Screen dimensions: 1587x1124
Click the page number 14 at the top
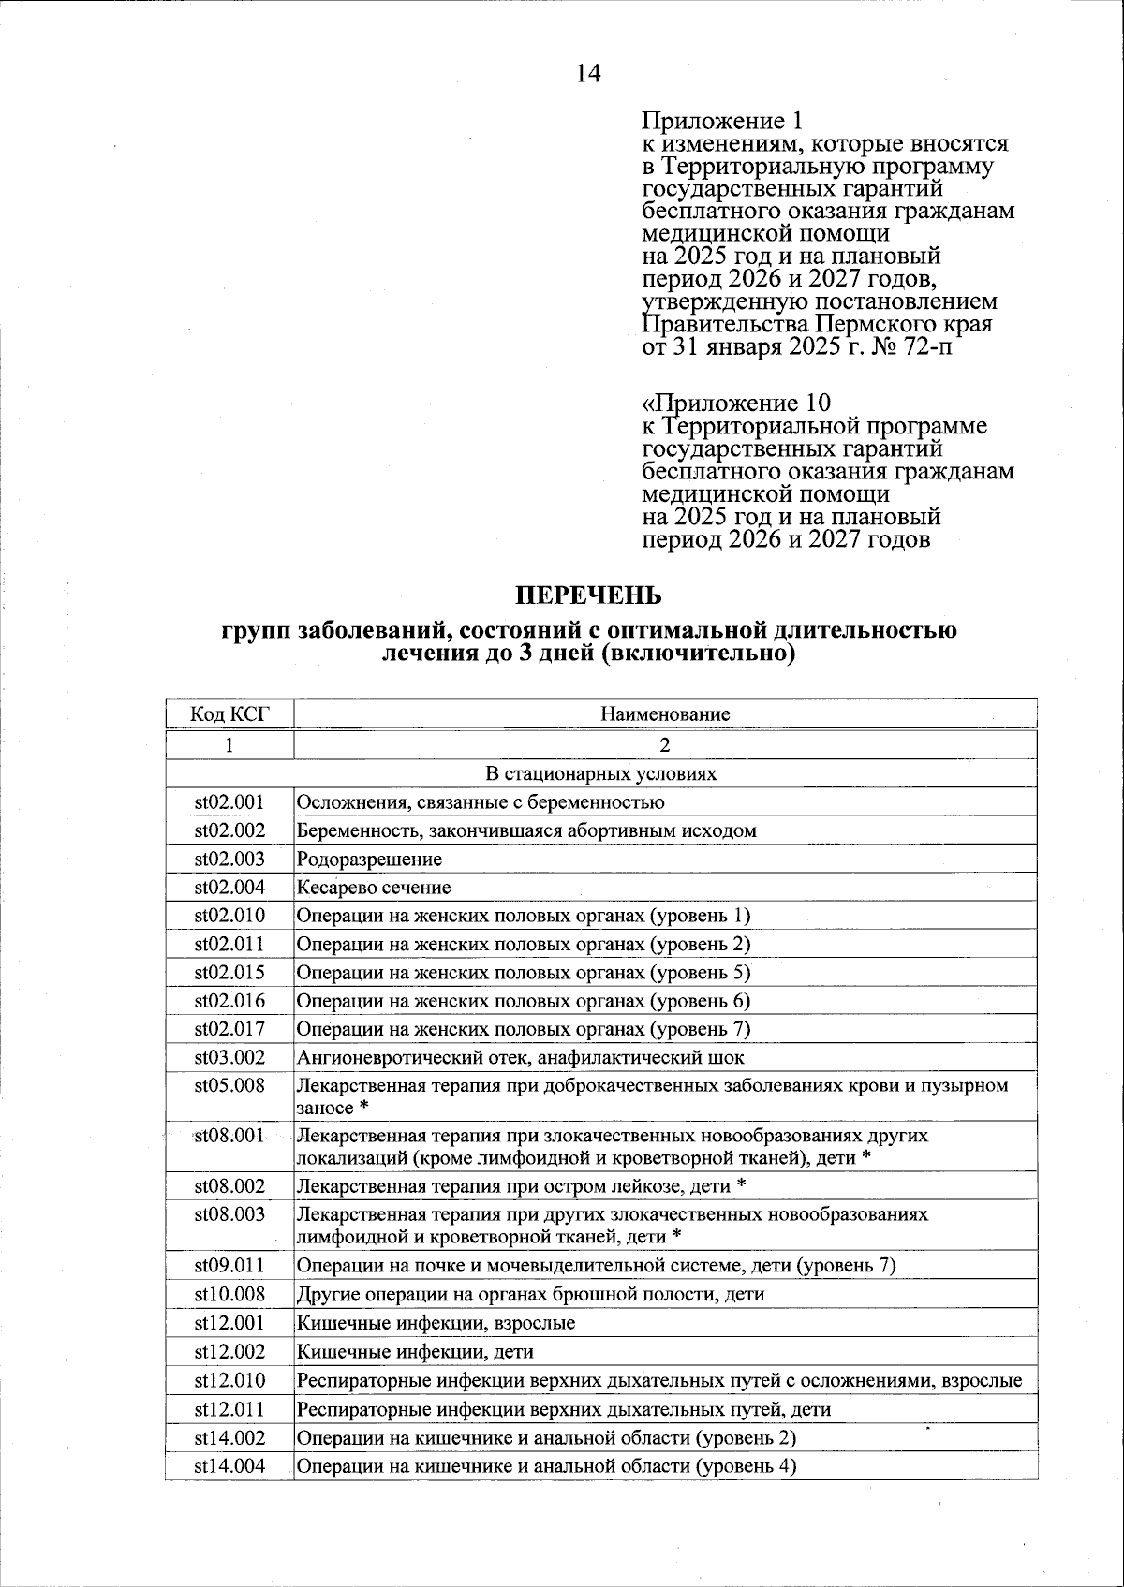point(588,74)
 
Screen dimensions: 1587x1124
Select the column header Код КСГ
point(229,714)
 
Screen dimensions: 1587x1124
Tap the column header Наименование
point(665,714)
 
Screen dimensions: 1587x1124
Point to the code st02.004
point(229,888)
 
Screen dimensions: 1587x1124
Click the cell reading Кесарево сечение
point(374,888)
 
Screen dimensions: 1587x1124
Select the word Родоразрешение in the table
point(369,860)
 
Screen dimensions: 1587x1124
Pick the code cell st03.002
point(229,1058)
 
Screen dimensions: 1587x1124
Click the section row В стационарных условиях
point(600,774)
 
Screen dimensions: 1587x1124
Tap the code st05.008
point(229,1086)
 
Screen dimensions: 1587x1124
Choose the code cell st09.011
point(229,1266)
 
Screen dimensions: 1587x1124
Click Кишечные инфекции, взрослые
point(436,1324)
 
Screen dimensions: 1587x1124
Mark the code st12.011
point(229,1410)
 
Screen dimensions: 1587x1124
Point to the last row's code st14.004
point(229,1466)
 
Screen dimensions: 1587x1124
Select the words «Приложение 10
point(735,404)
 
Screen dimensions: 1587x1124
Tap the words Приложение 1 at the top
point(722,121)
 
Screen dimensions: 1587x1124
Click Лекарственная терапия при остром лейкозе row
point(521,1187)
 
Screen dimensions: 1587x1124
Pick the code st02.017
point(229,1030)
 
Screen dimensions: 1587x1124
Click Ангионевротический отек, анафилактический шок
point(520,1058)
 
